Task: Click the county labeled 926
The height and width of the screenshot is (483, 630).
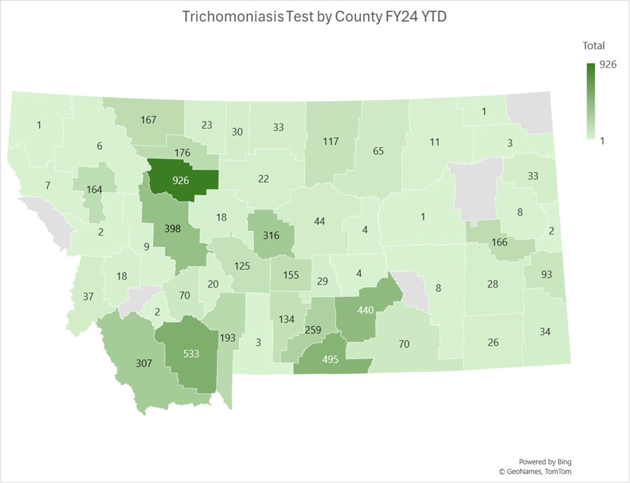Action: [181, 180]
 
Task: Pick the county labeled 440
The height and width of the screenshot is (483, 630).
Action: [365, 310]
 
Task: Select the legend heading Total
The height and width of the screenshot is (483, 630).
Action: [594, 46]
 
